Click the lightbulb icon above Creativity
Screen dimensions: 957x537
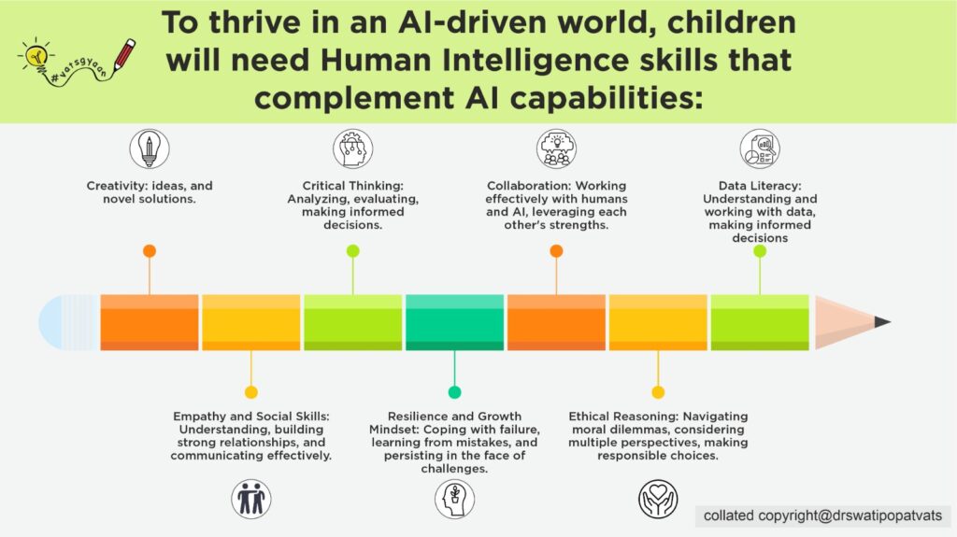click(x=150, y=148)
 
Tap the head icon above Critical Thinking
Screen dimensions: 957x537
click(x=352, y=148)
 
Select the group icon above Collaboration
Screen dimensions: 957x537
click(x=556, y=148)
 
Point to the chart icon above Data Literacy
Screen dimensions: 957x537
click(x=760, y=148)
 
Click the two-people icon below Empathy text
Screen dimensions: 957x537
click(x=250, y=499)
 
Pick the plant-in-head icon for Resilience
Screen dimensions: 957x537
click(x=455, y=499)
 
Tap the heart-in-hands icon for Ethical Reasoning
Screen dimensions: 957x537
click(x=658, y=499)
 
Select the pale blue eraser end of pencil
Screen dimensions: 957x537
click(x=68, y=322)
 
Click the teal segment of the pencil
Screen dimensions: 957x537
click(x=455, y=322)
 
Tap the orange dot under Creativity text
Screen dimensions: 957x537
click(x=150, y=251)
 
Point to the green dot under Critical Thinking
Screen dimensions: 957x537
click(x=352, y=251)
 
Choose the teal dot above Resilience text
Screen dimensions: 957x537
click(x=455, y=392)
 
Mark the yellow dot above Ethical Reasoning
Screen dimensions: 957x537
click(x=658, y=392)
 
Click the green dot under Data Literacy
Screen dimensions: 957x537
click(x=760, y=251)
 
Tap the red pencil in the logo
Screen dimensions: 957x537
click(x=124, y=55)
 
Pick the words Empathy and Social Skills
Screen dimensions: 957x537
click(x=250, y=417)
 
